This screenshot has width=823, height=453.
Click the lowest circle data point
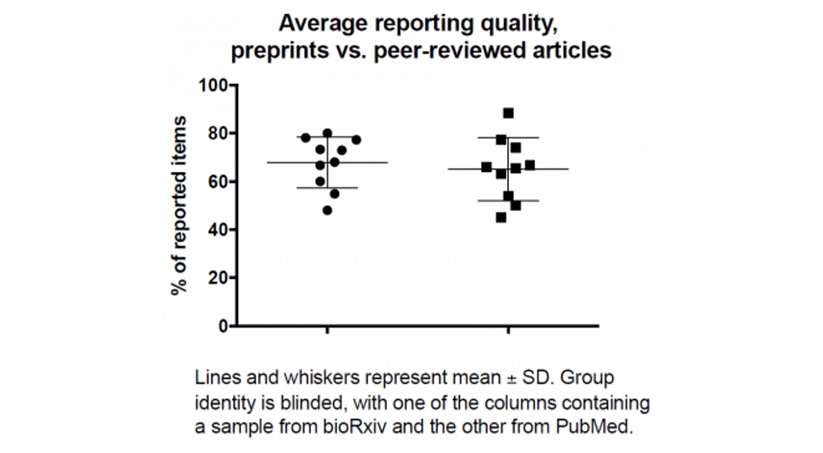pos(327,210)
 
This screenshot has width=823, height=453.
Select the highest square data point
pos(509,113)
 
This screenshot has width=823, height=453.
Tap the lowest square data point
pos(501,217)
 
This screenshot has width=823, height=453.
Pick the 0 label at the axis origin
pos(223,326)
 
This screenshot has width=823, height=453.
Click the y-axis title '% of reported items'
pos(180,205)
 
